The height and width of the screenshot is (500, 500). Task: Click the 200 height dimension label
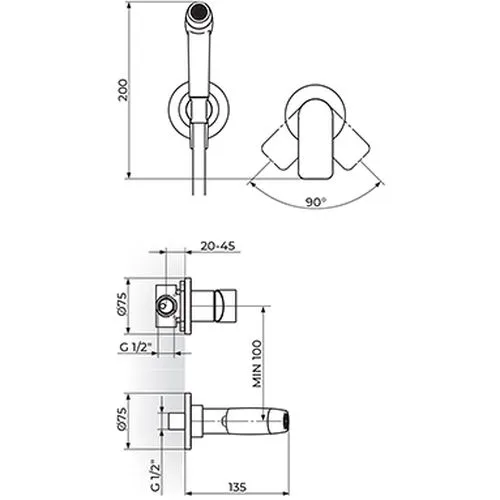click(x=123, y=90)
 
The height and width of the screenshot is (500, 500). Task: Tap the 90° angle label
click(x=316, y=202)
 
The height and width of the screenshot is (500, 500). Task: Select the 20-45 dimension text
click(x=218, y=246)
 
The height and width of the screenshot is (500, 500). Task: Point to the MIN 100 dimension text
click(x=257, y=364)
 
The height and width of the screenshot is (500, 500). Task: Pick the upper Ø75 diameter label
click(x=122, y=303)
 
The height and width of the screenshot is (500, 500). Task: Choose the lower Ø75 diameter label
click(x=122, y=419)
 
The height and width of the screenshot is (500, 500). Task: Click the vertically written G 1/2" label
click(x=155, y=477)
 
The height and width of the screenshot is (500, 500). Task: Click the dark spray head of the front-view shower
click(x=199, y=11)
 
